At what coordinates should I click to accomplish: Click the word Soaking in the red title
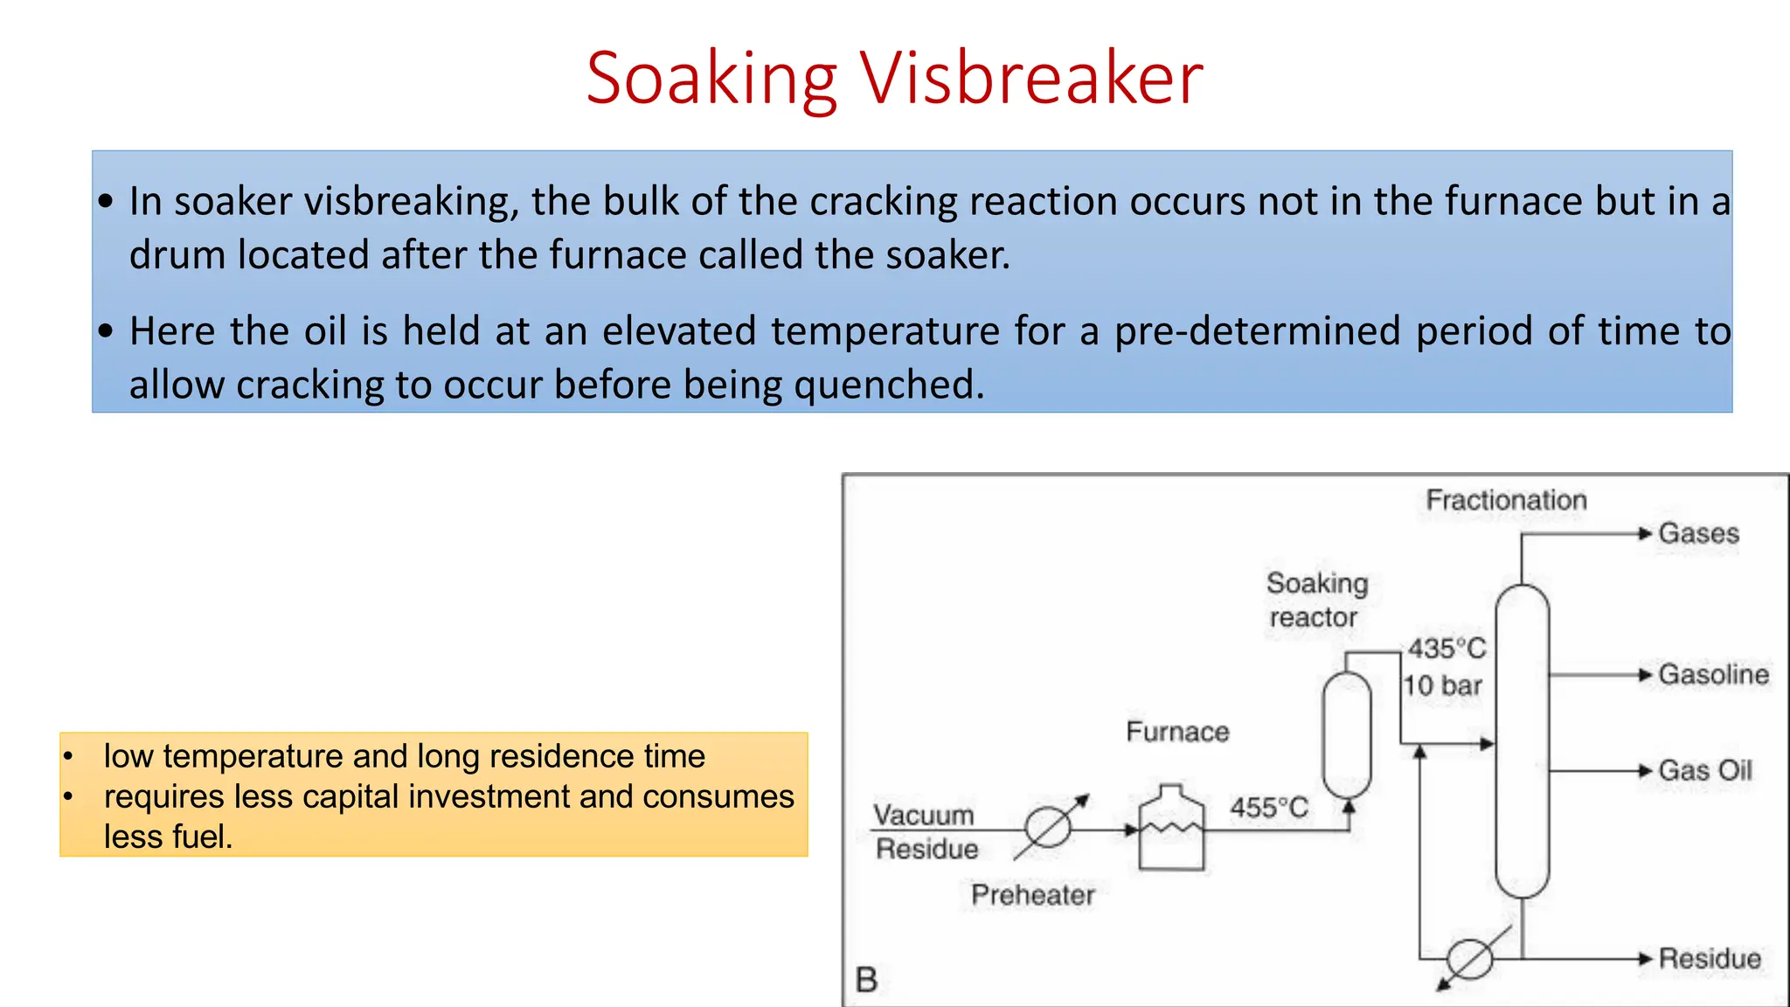(x=711, y=79)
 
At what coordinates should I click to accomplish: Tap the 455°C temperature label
(x=1269, y=808)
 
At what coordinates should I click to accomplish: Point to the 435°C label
(x=1447, y=649)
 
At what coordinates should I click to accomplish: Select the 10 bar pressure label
(x=1443, y=685)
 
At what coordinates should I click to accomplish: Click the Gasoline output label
(x=1713, y=675)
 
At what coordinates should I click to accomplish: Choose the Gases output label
(x=1698, y=533)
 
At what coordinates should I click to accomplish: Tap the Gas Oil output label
(x=1705, y=771)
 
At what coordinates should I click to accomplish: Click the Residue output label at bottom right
(x=1710, y=959)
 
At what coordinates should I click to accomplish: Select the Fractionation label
(x=1506, y=500)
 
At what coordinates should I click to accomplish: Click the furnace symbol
(x=1171, y=830)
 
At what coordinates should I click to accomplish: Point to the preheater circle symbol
(x=1047, y=827)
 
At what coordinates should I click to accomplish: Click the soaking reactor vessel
(x=1347, y=734)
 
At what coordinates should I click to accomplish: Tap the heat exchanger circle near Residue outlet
(x=1470, y=959)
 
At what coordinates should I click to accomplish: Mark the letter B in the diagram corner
(x=866, y=980)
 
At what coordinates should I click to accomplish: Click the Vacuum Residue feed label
(x=926, y=831)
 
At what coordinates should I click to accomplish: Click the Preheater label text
(x=1033, y=895)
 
